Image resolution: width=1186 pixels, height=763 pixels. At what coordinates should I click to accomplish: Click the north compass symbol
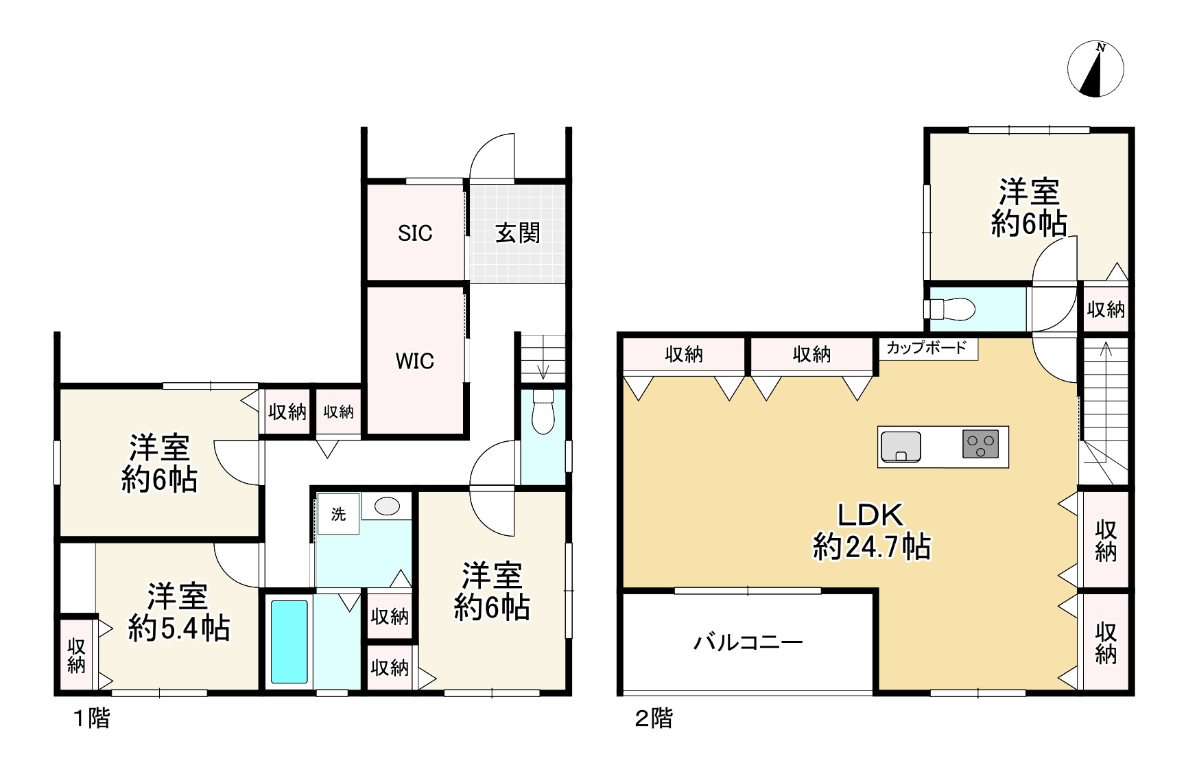click(x=1095, y=69)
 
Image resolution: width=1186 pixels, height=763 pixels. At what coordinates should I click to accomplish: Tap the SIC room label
click(x=415, y=233)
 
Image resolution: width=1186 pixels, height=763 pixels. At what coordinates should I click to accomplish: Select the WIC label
click(x=415, y=361)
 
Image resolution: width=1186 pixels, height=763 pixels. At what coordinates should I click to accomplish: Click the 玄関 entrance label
click(x=518, y=233)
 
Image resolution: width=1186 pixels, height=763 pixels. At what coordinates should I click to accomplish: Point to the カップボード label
click(x=927, y=347)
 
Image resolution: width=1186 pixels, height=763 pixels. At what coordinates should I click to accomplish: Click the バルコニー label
click(x=748, y=642)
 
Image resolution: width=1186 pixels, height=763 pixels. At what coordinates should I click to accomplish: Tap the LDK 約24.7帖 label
click(x=871, y=532)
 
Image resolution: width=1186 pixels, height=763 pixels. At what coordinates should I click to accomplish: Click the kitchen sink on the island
click(x=901, y=447)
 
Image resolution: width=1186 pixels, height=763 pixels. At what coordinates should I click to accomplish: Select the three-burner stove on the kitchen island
click(x=980, y=444)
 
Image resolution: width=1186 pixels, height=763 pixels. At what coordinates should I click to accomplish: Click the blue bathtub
click(x=289, y=642)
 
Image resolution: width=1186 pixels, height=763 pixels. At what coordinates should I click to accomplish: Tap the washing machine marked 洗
click(x=338, y=514)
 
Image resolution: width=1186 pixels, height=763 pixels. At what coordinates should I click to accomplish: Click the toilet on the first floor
click(x=543, y=412)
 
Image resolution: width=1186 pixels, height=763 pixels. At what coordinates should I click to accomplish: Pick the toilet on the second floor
click(x=949, y=309)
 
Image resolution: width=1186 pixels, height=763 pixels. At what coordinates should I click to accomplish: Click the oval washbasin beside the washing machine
click(x=387, y=506)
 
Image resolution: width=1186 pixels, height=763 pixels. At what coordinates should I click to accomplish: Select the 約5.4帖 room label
click(x=178, y=613)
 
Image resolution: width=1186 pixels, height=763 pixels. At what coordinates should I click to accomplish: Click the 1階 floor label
click(x=91, y=718)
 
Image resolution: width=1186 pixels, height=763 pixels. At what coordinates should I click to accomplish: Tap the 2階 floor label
click(x=654, y=718)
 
